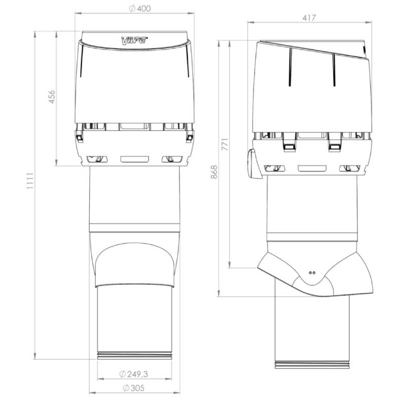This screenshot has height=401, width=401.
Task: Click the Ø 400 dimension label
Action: pos(140,9)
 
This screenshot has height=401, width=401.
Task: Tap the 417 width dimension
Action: pos(309,18)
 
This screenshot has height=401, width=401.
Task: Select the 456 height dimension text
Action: pos(52,97)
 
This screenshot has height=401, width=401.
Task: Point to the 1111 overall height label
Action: pos(30,181)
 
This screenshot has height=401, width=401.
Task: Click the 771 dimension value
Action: pos(225,145)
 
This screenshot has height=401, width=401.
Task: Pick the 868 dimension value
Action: pos(215,172)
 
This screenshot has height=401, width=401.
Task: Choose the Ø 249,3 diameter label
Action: pos(133,374)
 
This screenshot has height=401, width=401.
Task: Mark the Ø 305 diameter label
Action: pos(133,388)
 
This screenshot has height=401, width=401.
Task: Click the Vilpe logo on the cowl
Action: pos(134,41)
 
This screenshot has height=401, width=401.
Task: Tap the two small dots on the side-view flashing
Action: pos(312,273)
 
